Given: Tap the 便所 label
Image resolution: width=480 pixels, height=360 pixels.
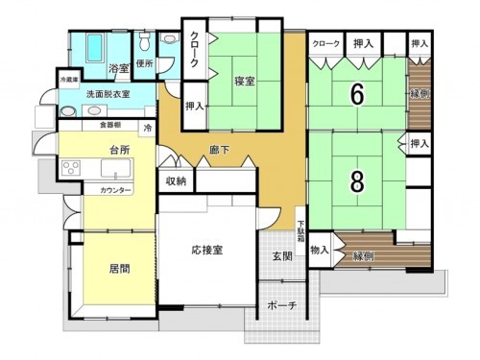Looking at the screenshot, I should (145, 63).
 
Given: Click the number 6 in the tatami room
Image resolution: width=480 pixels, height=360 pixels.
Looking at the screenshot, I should (355, 95).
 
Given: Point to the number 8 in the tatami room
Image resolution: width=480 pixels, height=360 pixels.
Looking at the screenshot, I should (355, 181).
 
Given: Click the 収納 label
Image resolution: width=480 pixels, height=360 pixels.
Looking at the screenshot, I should (175, 180).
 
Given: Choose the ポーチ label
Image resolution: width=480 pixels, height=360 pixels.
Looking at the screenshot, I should (282, 305).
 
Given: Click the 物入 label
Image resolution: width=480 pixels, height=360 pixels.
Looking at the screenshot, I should (320, 250).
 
